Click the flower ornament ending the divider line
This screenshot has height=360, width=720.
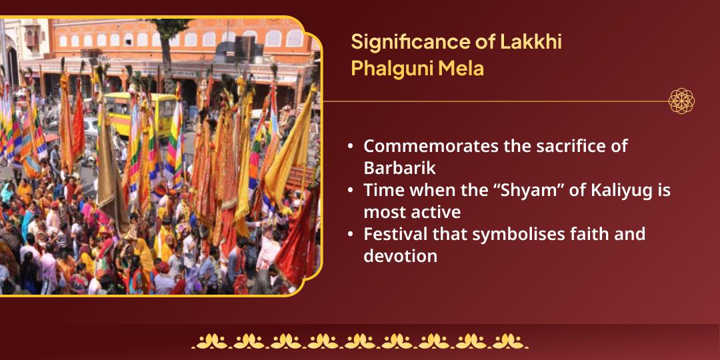click(x=681, y=101)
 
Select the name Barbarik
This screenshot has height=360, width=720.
click(x=399, y=168)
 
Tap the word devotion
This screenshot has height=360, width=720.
click(x=400, y=256)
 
